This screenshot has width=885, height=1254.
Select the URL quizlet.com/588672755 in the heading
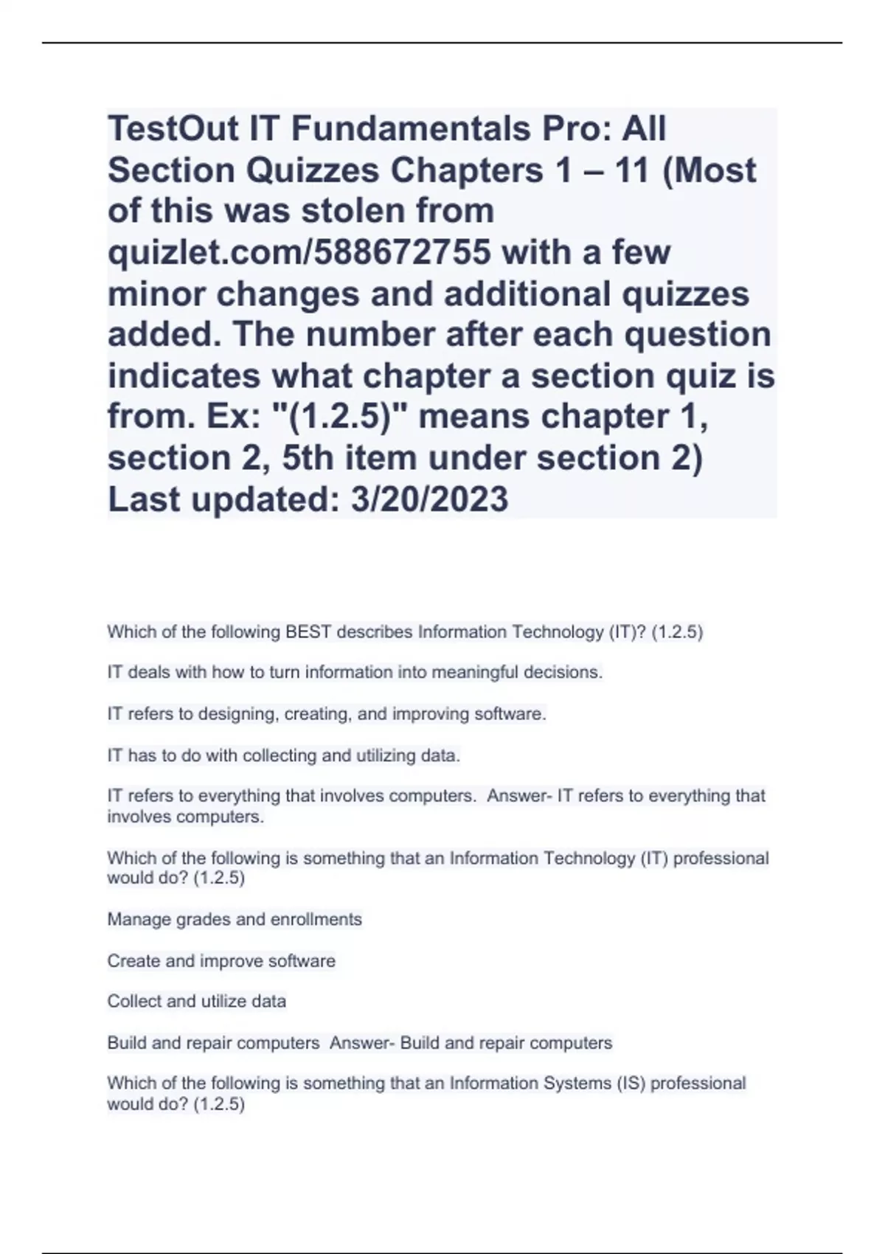pos(299,252)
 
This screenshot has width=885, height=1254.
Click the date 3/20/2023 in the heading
pos(429,499)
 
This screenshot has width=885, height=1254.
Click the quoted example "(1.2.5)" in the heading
pos(341,417)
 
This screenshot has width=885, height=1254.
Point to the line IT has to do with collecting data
pos(283,755)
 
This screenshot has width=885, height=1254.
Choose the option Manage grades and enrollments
pos(235,919)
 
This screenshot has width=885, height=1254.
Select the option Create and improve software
pos(221,960)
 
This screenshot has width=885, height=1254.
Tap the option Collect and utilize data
pos(196,1001)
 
